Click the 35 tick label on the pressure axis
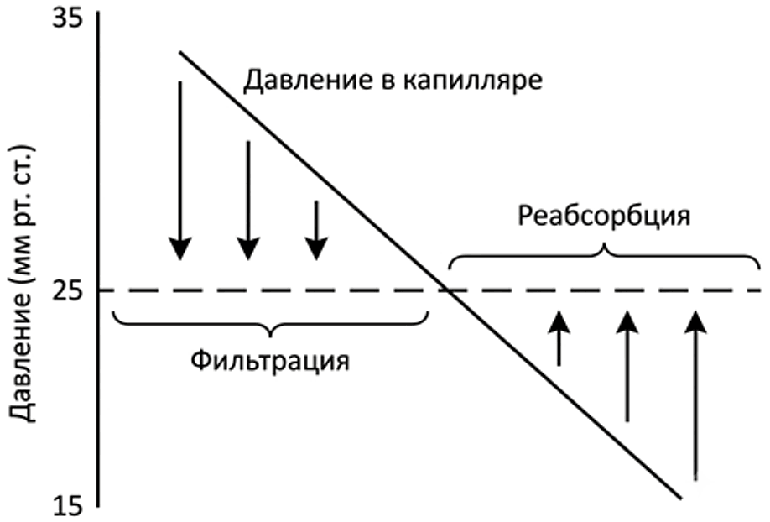click(x=68, y=23)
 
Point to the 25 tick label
click(x=68, y=291)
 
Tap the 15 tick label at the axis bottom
click(x=68, y=506)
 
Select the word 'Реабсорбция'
click(x=604, y=216)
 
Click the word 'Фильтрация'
click(x=270, y=361)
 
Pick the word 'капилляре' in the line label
click(x=473, y=81)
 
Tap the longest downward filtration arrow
click(x=180, y=170)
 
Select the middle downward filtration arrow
click(x=248, y=201)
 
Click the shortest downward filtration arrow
click(x=317, y=230)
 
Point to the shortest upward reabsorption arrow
click(x=559, y=338)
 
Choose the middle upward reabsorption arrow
click(x=627, y=366)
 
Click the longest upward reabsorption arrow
click(x=695, y=394)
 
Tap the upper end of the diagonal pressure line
click(x=179, y=51)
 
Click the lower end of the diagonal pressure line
click(x=682, y=499)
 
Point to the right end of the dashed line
click(x=761, y=290)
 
